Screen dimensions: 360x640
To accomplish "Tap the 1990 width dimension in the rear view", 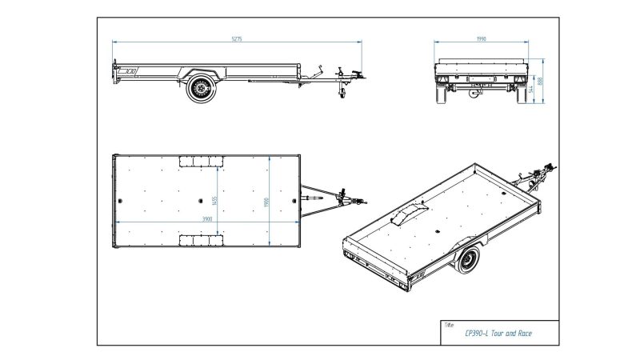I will click(481, 38).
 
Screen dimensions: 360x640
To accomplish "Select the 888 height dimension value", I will click(542, 80).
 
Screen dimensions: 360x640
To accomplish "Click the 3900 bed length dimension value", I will click(208, 218).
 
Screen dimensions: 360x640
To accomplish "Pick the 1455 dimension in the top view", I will click(214, 199).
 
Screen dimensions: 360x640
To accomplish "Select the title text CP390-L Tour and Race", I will click(498, 333).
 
